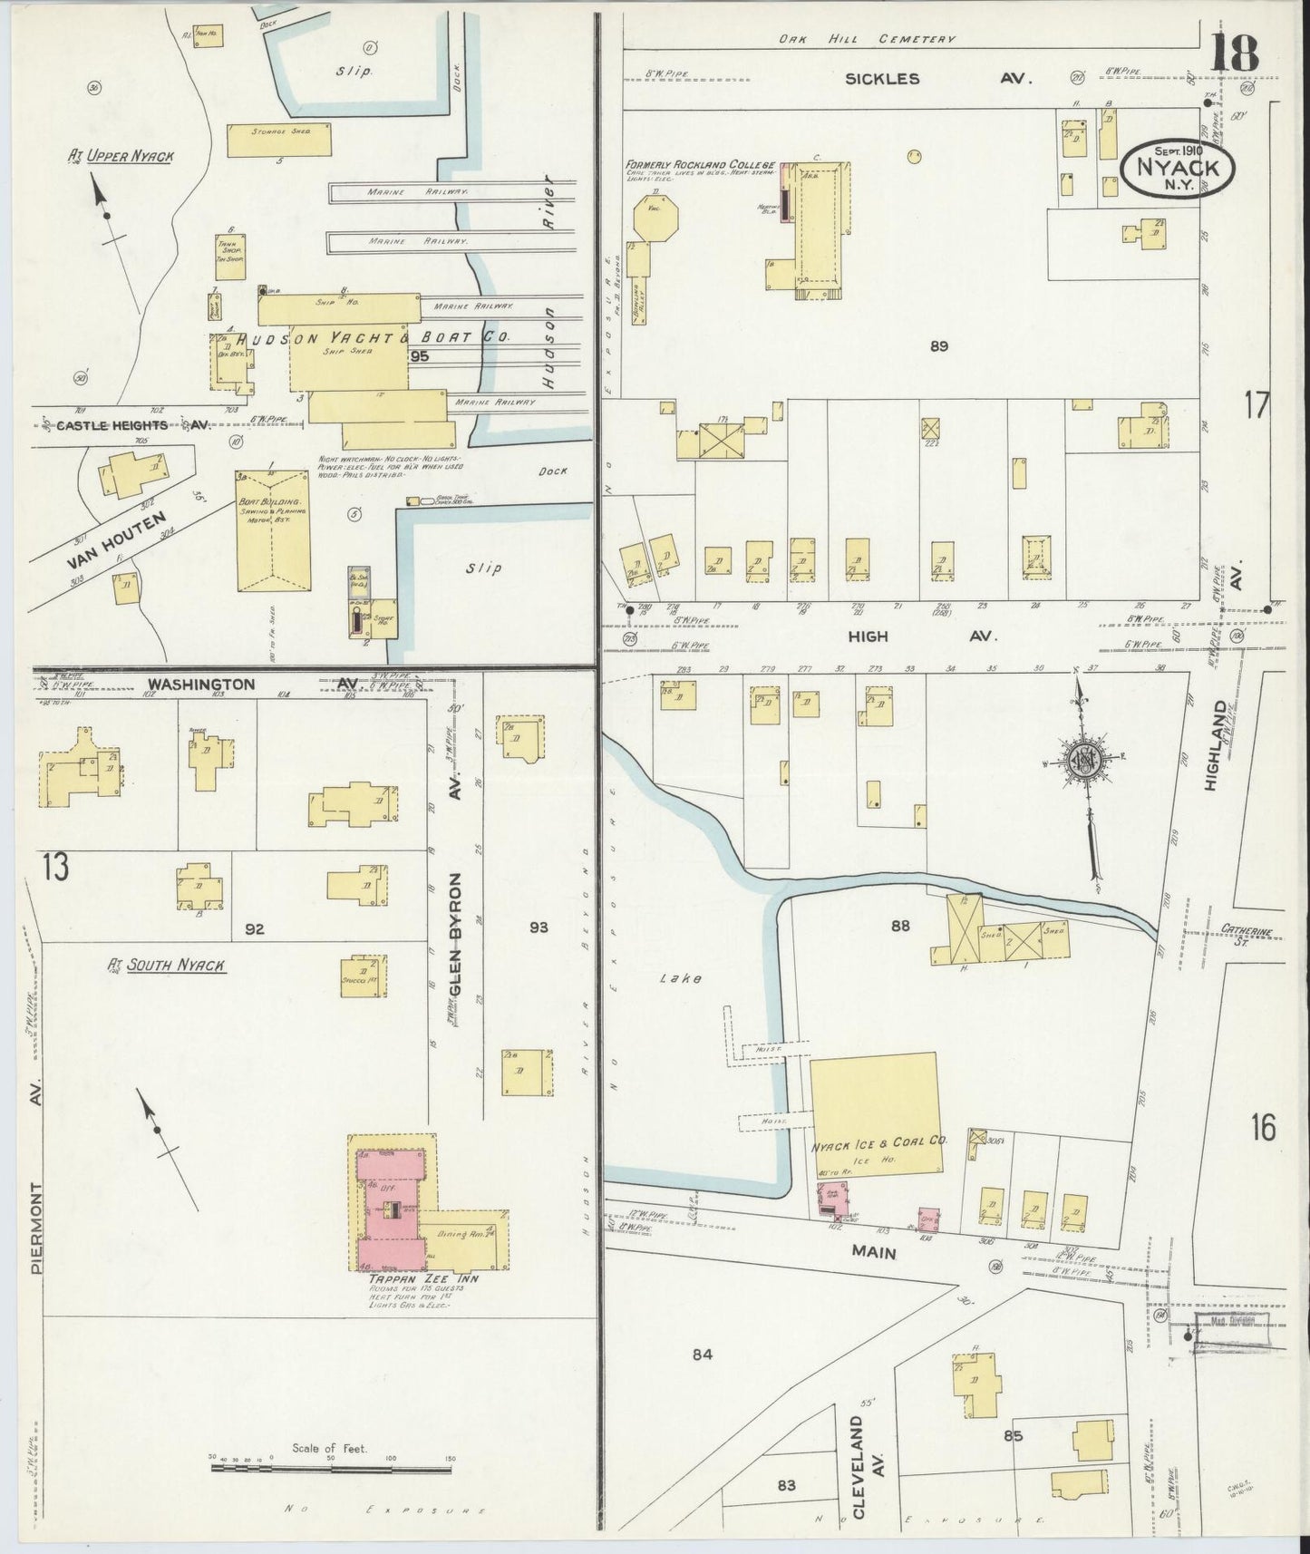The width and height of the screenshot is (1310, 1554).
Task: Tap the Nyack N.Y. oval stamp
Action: (1178, 167)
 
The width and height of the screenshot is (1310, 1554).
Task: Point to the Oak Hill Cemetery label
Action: (868, 39)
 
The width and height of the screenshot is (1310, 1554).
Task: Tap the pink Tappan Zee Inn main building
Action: (392, 1210)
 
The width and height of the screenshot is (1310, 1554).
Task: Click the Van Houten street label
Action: (118, 540)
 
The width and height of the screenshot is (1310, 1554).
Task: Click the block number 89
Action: (938, 345)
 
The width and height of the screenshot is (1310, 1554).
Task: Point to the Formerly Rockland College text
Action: (699, 166)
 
